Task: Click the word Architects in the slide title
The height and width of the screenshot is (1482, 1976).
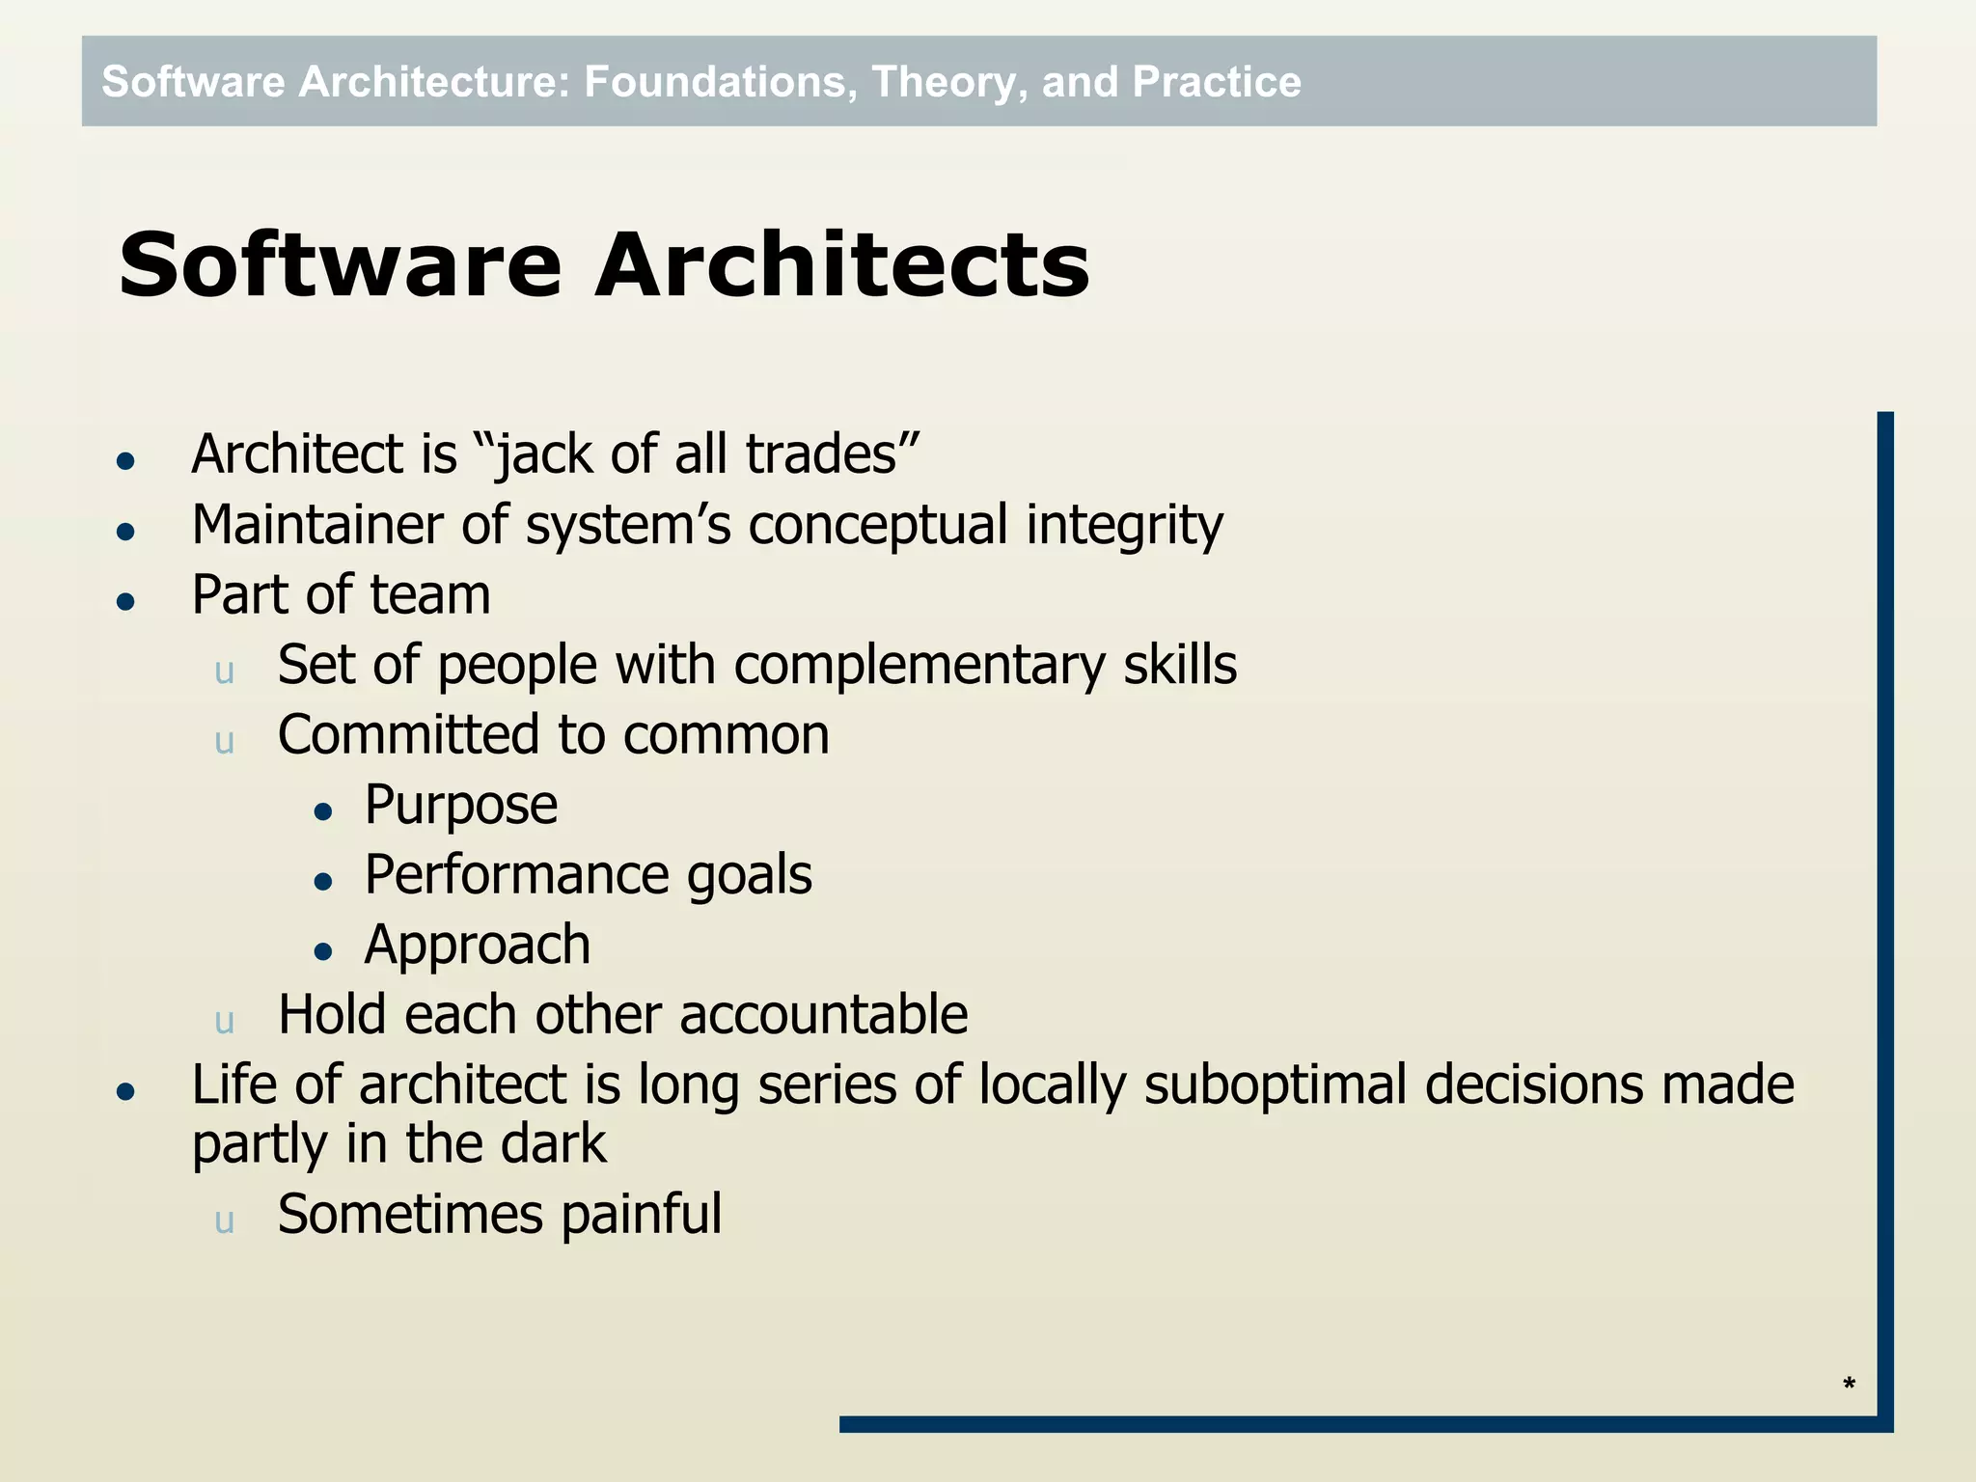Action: tap(841, 265)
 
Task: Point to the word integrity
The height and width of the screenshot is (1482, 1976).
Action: tap(1124, 526)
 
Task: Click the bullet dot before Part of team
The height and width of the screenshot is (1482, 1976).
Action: tap(125, 602)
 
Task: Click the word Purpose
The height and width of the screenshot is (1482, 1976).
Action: tap(460, 806)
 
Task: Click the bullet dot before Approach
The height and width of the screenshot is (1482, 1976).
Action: tap(323, 952)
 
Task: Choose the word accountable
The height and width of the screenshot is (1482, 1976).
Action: tap(823, 1015)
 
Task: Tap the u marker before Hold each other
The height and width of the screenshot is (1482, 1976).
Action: tap(225, 1022)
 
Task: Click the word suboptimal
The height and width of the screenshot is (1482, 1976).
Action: tap(1276, 1085)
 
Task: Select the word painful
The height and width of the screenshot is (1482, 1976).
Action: tap(641, 1215)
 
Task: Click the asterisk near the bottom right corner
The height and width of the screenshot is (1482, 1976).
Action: tap(1849, 1384)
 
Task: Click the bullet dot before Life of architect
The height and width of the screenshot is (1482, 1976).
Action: tap(125, 1092)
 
